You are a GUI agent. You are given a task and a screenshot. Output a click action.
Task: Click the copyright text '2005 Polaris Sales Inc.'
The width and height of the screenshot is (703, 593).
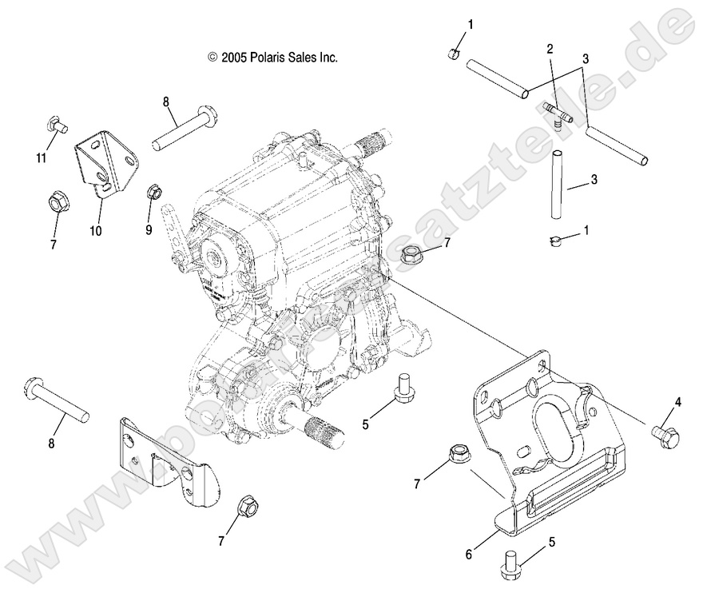pyautogui.click(x=273, y=58)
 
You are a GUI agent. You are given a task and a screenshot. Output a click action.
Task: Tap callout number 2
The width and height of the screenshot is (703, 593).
pyautogui.click(x=550, y=49)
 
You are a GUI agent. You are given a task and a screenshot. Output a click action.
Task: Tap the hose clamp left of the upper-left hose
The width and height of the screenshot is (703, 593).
pyautogui.click(x=452, y=54)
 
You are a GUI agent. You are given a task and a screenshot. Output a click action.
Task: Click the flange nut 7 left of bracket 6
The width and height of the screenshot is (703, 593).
pyautogui.click(x=459, y=453)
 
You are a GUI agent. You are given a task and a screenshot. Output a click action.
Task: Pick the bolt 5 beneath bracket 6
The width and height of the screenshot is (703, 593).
pyautogui.click(x=511, y=563)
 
